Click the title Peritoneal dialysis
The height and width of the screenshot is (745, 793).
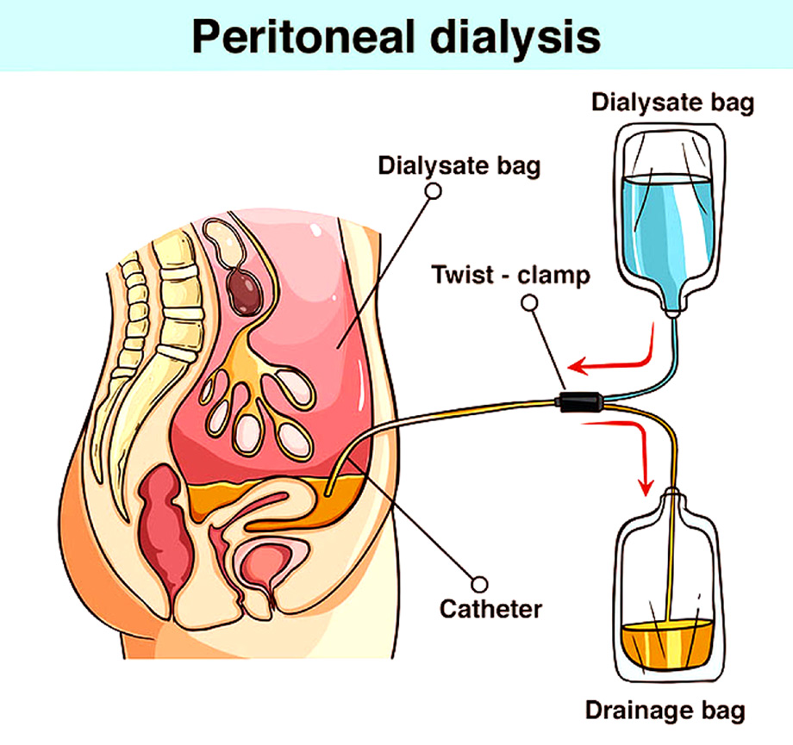pyautogui.click(x=396, y=36)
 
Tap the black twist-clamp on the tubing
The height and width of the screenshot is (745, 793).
pyautogui.click(x=579, y=401)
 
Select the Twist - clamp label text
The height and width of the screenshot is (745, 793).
pyautogui.click(x=511, y=276)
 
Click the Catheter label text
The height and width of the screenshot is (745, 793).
pyautogui.click(x=490, y=609)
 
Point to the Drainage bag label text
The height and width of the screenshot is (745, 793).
pyautogui.click(x=665, y=711)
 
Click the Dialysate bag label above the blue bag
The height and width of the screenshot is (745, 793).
pyautogui.click(x=672, y=102)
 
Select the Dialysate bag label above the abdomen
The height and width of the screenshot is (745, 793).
pyautogui.click(x=459, y=165)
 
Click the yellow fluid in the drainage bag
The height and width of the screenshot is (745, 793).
pyautogui.click(x=666, y=646)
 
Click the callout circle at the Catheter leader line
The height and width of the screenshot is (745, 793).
pyautogui.click(x=479, y=585)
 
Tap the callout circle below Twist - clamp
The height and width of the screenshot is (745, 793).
pyautogui.click(x=529, y=303)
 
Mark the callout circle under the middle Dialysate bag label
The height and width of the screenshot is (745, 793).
pyautogui.click(x=434, y=191)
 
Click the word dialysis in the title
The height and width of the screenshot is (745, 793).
pyautogui.click(x=515, y=36)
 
